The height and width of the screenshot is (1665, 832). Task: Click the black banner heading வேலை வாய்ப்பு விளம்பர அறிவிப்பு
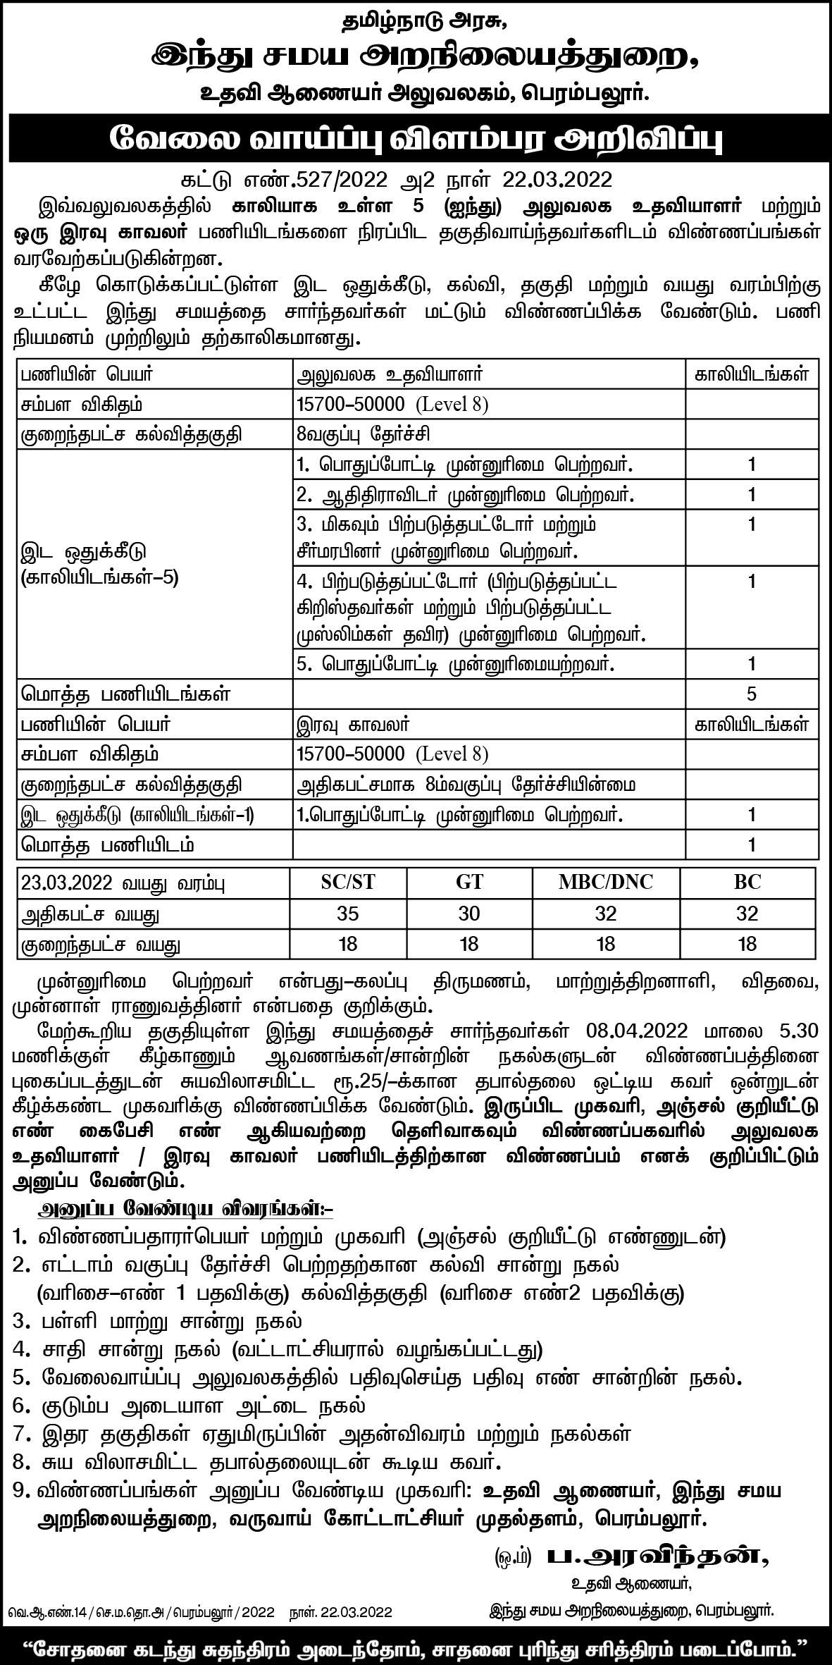(416, 139)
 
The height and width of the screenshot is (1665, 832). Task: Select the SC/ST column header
(348, 882)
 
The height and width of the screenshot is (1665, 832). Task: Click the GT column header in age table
(468, 882)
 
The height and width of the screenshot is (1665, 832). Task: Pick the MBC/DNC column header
(605, 882)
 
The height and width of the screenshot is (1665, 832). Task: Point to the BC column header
(747, 882)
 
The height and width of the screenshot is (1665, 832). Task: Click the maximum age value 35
(348, 914)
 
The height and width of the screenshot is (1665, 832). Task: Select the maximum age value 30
(468, 914)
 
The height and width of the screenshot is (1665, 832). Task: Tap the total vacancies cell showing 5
(751, 694)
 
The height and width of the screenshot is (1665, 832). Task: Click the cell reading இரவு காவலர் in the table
(353, 725)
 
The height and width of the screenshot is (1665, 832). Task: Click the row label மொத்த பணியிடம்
(108, 844)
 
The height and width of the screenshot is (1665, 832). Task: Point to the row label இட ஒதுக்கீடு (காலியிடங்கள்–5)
(99, 564)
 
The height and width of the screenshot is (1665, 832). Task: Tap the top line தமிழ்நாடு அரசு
(416, 22)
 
